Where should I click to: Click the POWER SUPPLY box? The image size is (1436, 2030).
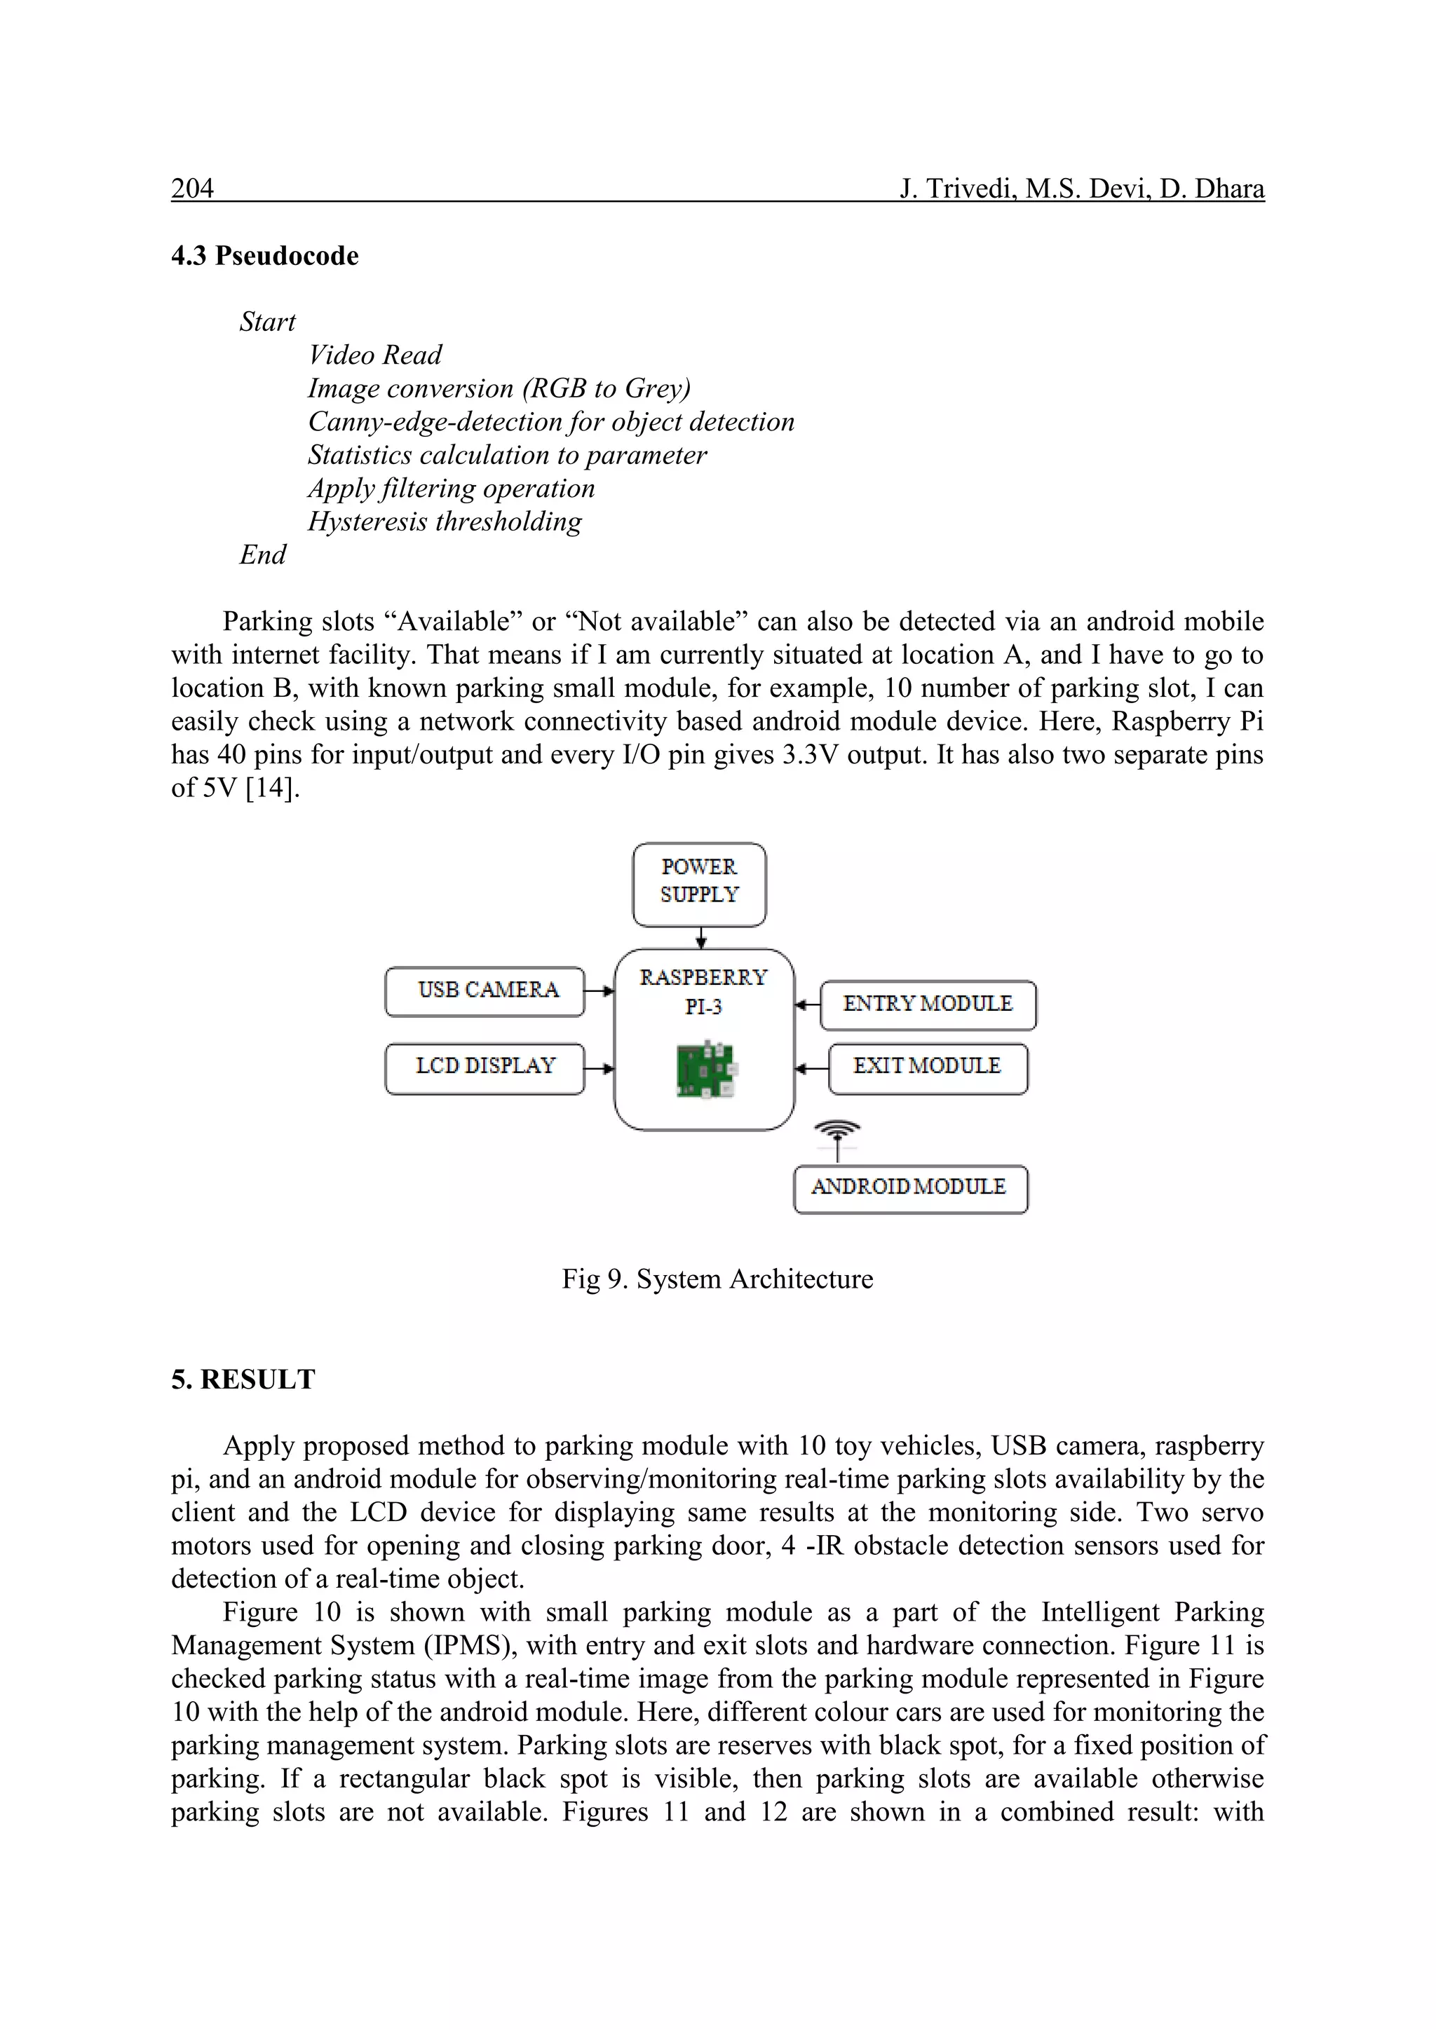698,884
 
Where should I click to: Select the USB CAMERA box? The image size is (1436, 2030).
485,991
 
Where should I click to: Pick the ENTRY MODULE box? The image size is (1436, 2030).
928,1005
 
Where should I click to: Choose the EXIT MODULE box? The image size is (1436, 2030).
928,1067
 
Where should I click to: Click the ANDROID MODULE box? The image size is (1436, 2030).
910,1188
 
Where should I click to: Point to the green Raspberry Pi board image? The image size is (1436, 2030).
705,1070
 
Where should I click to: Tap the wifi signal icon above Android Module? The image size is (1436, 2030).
837,1129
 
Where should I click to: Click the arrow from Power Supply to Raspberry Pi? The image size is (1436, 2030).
701,938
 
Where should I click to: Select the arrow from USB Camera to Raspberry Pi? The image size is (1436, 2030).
600,991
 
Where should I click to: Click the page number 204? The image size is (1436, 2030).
192,189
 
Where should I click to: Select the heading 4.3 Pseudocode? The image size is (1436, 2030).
264,257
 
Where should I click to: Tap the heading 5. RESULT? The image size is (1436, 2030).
243,1380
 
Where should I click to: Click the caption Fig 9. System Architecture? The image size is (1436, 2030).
717,1279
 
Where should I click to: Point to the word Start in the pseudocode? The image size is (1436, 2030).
267,322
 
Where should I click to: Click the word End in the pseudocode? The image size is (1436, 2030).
263,555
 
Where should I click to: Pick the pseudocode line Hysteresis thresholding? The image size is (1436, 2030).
444,522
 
